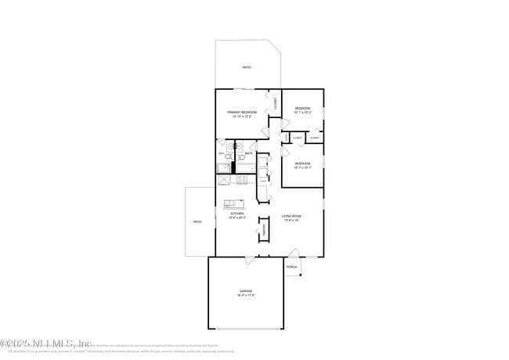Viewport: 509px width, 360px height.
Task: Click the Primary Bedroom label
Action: tap(242, 113)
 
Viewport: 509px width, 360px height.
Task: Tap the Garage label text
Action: tap(246, 290)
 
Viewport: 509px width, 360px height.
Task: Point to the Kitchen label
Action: tap(236, 213)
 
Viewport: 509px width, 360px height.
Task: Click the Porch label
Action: tap(291, 267)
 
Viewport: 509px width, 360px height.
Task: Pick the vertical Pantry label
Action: tap(264, 230)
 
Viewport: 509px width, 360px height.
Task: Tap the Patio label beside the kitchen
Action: tap(197, 221)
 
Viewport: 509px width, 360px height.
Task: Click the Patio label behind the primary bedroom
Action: tap(247, 68)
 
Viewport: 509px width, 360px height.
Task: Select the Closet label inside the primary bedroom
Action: tap(275, 102)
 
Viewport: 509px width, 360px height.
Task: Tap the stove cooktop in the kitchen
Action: tap(241, 178)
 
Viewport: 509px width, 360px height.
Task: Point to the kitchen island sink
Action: tap(234, 204)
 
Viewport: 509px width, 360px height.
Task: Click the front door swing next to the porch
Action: tap(293, 253)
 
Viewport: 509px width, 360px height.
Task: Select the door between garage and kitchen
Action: tap(248, 259)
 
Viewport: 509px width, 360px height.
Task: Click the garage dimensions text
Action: tap(246, 295)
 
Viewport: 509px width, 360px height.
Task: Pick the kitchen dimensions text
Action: tap(236, 218)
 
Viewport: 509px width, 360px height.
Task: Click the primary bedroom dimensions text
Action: tap(242, 117)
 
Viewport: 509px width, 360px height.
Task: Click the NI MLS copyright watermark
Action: tap(45, 343)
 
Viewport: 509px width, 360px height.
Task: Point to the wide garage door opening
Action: tap(246, 329)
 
